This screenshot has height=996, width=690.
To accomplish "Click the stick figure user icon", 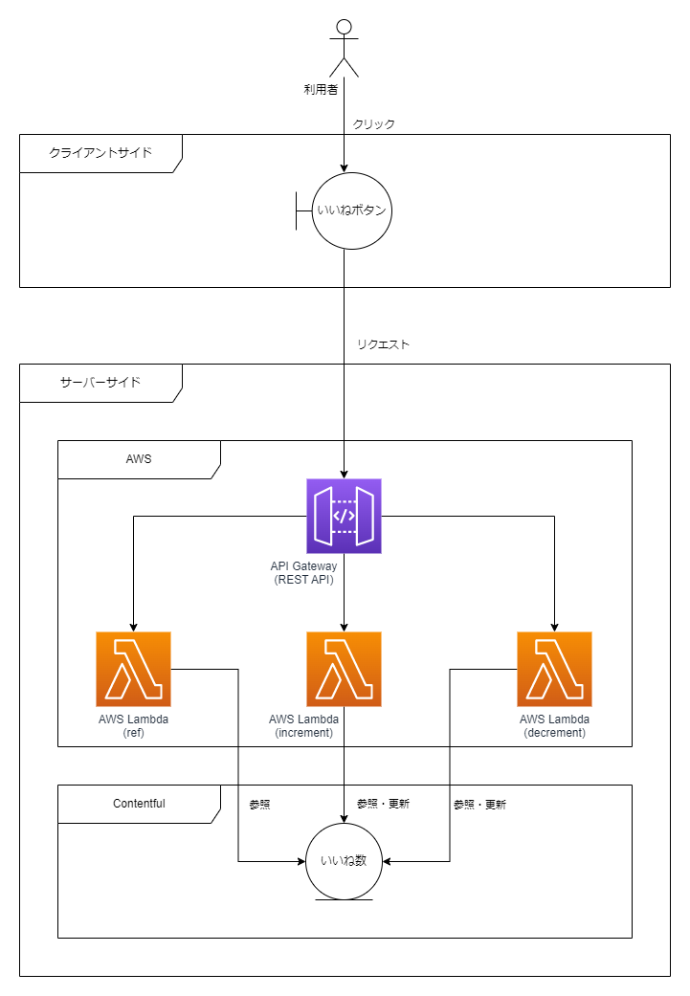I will (344, 48).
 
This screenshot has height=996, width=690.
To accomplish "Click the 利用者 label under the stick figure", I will (321, 90).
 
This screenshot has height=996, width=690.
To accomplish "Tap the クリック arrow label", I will (374, 124).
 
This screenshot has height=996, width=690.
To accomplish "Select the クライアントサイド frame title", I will (100, 153).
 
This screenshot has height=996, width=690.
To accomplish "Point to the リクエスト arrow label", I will (383, 344).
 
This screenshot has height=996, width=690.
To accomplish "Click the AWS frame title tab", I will (139, 459).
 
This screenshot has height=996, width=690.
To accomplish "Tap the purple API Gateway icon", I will (344, 517).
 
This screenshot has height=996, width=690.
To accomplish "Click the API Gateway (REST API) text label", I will (303, 573).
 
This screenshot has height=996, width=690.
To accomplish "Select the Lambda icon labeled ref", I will (133, 669).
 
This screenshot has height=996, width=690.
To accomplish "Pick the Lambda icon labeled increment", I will (344, 669).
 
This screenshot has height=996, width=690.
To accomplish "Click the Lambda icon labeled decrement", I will (554, 669).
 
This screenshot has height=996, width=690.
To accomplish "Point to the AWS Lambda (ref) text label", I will (133, 726).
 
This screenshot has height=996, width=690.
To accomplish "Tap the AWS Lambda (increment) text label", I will (303, 726).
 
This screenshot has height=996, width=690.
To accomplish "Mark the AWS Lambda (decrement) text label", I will (554, 726).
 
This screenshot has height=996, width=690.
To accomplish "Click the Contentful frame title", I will (139, 804).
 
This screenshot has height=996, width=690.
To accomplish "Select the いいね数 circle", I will (344, 861).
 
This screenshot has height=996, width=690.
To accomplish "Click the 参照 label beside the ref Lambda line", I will (259, 805).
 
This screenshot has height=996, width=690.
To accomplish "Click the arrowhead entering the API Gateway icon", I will (344, 474).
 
